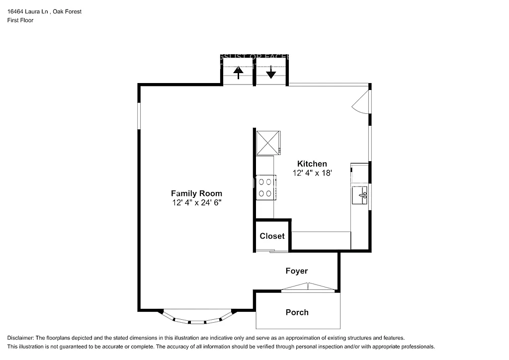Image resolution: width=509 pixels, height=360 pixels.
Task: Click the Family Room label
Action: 196,193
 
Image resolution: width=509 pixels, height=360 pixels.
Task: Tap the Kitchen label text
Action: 312,164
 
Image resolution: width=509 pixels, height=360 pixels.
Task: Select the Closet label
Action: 272,236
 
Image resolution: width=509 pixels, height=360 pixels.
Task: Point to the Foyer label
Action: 296,271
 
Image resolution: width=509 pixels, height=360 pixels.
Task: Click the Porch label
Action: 297,312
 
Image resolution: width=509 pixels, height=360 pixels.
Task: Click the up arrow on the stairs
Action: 239,73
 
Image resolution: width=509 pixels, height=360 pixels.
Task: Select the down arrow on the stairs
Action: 270,73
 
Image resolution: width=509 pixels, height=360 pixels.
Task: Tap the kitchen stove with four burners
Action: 266,188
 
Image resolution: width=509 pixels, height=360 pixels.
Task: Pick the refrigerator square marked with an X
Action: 268,143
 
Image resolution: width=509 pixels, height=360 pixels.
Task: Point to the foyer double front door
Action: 308,287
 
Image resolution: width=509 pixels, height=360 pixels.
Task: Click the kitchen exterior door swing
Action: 361,102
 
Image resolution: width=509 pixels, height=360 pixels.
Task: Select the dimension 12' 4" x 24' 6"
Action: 196,203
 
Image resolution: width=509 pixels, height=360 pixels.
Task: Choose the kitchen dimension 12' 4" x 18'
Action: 312,173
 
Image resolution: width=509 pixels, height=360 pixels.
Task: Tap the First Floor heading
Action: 20,20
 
